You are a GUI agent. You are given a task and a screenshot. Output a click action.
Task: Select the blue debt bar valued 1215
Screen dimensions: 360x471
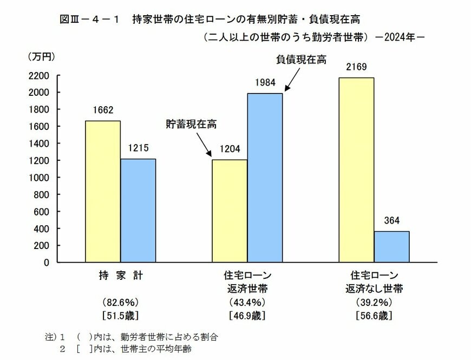pos(138,211)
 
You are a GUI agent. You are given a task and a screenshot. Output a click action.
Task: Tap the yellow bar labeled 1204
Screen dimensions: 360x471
pos(230,211)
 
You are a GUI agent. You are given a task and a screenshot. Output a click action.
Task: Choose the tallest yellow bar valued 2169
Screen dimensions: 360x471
pos(356,170)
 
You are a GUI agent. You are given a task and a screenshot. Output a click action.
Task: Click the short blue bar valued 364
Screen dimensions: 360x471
pos(391,246)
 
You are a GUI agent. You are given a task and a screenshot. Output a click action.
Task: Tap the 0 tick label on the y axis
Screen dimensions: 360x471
pos(47,262)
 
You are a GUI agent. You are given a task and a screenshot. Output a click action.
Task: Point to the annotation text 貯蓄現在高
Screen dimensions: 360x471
pos(191,124)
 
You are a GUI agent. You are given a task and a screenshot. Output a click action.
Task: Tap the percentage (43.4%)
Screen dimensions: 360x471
pos(247,302)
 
